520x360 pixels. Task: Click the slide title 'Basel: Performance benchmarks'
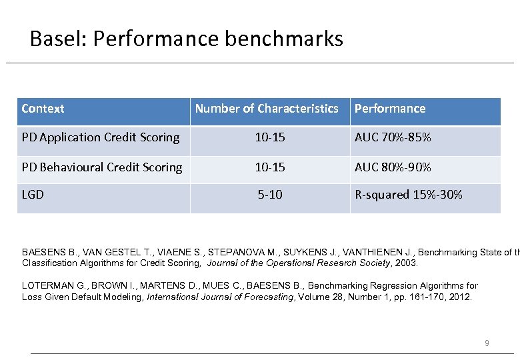pos(187,39)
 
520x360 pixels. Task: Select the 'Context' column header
pos(43,109)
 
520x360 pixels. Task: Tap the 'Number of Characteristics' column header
pos(267,109)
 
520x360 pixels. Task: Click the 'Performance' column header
pos(390,109)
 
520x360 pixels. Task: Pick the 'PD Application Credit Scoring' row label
pos(101,138)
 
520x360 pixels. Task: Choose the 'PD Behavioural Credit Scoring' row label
pos(102,167)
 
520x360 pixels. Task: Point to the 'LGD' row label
pos(33,195)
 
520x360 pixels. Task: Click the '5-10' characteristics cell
pos(270,195)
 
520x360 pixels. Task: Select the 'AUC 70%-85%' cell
pos(393,138)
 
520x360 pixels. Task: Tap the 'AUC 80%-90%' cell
pos(393,167)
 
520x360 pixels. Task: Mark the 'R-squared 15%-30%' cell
pos(408,195)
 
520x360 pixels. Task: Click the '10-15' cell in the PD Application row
pos(270,138)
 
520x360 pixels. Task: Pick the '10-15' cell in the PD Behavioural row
pos(270,167)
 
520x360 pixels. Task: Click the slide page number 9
pos(487,343)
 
